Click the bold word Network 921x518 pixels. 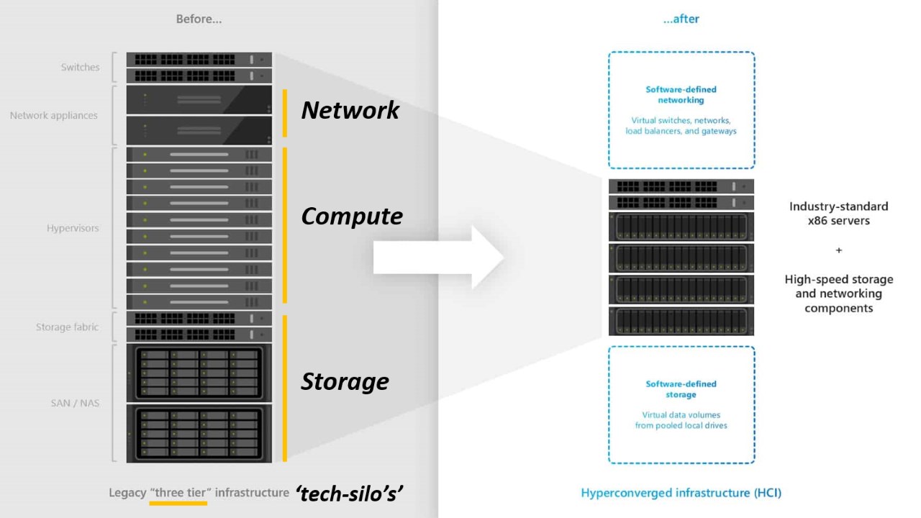[x=350, y=110]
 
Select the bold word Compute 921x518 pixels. [x=352, y=217]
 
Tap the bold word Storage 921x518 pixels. [x=345, y=381]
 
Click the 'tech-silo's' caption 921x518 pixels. [x=349, y=493]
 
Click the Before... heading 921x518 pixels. [x=199, y=19]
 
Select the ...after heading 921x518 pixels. [x=681, y=19]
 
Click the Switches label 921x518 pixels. [x=80, y=68]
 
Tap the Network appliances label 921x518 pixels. [x=54, y=115]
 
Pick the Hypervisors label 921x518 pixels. [x=73, y=228]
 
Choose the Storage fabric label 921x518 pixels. [x=67, y=327]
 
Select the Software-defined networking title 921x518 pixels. [x=681, y=95]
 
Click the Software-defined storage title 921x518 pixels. [x=681, y=389]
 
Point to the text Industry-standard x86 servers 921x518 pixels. [x=838, y=214]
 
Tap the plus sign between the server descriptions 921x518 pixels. [x=838, y=250]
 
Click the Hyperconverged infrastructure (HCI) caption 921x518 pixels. [x=681, y=493]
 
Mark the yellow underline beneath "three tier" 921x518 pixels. [x=178, y=503]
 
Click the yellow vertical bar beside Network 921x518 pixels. [x=285, y=113]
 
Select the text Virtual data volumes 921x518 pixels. [x=681, y=415]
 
